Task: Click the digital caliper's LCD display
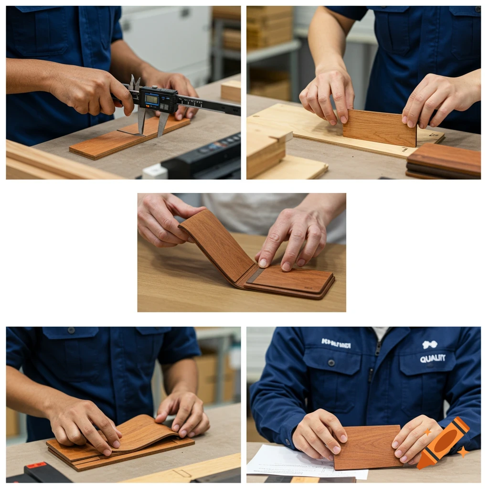152,99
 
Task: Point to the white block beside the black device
154,171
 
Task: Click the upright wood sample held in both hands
380,128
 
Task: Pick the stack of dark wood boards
444,161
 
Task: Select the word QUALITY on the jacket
433,359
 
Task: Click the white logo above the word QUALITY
430,344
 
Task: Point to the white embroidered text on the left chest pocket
336,343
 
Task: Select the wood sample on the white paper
367,447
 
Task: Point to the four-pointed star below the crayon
462,451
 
